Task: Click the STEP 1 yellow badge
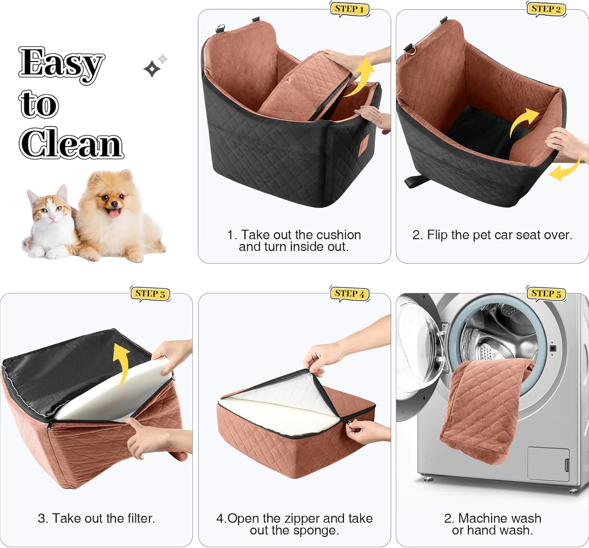click(x=349, y=9)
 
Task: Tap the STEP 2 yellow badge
click(x=546, y=9)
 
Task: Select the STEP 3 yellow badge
click(x=150, y=294)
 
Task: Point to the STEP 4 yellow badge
click(x=349, y=294)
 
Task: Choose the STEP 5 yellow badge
click(x=546, y=294)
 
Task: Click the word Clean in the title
click(x=72, y=144)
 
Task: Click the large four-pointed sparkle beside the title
click(x=152, y=69)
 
